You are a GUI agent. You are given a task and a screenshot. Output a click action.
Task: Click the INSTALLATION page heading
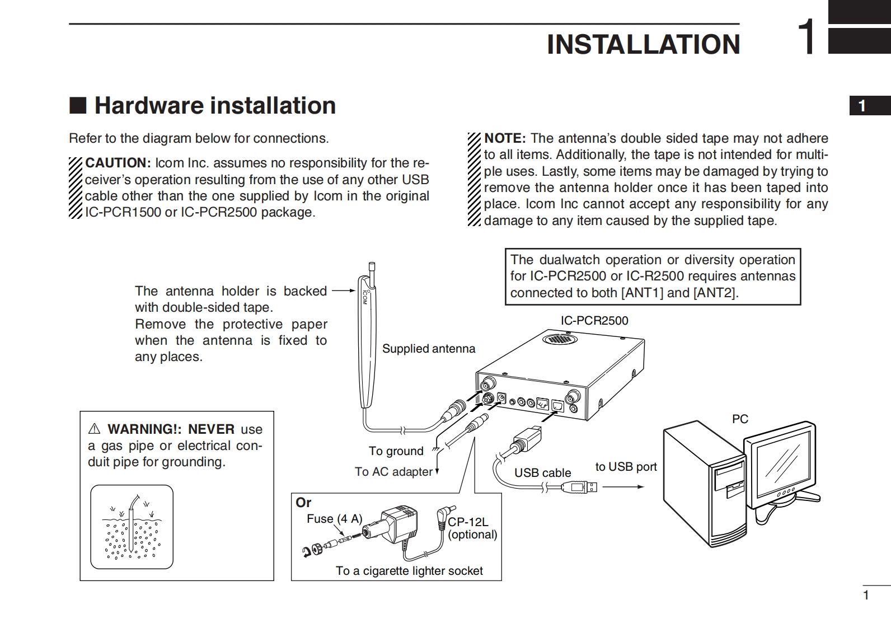643,45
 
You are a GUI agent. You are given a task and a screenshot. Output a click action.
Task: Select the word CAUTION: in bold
118,163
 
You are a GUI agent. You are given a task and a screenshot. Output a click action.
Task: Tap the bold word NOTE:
504,138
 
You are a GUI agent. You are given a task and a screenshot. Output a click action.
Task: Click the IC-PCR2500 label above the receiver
594,321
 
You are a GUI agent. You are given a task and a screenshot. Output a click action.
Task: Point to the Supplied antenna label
428,349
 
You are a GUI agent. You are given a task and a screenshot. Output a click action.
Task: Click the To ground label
396,451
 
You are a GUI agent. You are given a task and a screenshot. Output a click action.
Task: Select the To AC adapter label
393,472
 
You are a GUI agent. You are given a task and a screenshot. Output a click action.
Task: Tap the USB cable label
542,473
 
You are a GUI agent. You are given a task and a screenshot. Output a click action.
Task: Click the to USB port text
626,467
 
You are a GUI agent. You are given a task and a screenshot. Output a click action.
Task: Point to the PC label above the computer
740,419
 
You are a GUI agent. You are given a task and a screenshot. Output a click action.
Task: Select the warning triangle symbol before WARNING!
94,429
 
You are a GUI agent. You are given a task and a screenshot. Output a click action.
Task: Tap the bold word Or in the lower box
303,503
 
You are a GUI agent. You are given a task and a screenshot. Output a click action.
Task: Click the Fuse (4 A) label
334,519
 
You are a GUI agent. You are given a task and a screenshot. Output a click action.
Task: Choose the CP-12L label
467,522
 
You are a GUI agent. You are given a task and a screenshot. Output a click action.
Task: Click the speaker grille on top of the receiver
557,339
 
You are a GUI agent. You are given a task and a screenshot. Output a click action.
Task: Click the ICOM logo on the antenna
364,297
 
